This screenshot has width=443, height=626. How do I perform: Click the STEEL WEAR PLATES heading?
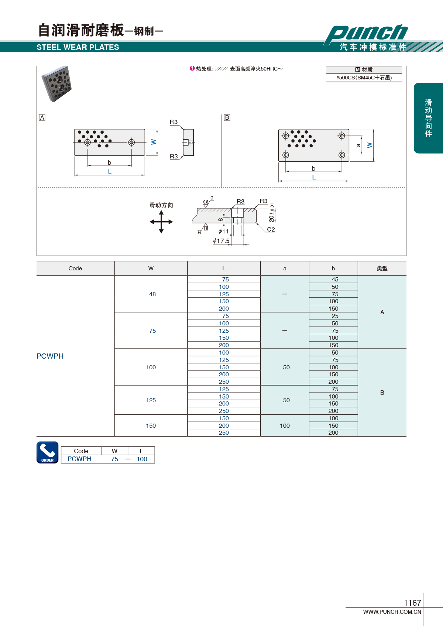tap(78, 47)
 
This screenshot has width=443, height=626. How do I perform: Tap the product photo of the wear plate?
tap(57, 83)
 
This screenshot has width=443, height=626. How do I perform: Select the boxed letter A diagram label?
tap(42, 118)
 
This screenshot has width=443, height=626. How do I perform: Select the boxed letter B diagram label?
tap(227, 118)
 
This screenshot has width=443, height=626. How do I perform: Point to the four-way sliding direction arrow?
tap(161, 222)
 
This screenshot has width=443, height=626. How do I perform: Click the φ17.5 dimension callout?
tap(221, 241)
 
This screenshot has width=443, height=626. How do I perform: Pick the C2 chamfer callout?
tap(271, 229)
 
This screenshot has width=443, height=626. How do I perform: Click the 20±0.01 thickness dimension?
tap(271, 213)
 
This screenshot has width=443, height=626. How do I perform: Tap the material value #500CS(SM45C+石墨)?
tap(364, 78)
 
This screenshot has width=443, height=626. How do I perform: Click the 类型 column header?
tap(382, 268)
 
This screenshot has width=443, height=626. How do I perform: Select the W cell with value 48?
tap(152, 294)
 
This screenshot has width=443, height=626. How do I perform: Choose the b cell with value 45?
tap(335, 280)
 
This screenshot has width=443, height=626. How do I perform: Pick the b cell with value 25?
tap(335, 316)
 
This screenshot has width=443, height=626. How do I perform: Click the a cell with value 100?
tap(285, 425)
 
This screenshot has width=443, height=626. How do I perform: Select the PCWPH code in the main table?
tap(50, 356)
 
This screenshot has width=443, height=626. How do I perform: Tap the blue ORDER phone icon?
tap(48, 452)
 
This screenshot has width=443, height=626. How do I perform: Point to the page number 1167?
tap(412, 603)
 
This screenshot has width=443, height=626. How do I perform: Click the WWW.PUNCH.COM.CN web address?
tap(392, 612)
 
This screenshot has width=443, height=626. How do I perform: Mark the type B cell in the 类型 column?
tap(382, 393)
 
